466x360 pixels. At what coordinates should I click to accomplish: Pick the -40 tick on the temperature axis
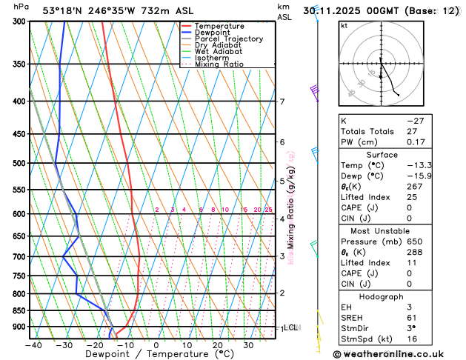tap(33, 345)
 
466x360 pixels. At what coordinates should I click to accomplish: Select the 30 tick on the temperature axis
tap(249, 345)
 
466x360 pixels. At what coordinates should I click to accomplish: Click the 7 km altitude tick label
tap(282, 101)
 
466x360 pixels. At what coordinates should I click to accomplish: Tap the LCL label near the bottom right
tap(290, 327)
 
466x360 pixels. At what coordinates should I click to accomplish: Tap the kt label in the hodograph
tap(344, 25)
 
